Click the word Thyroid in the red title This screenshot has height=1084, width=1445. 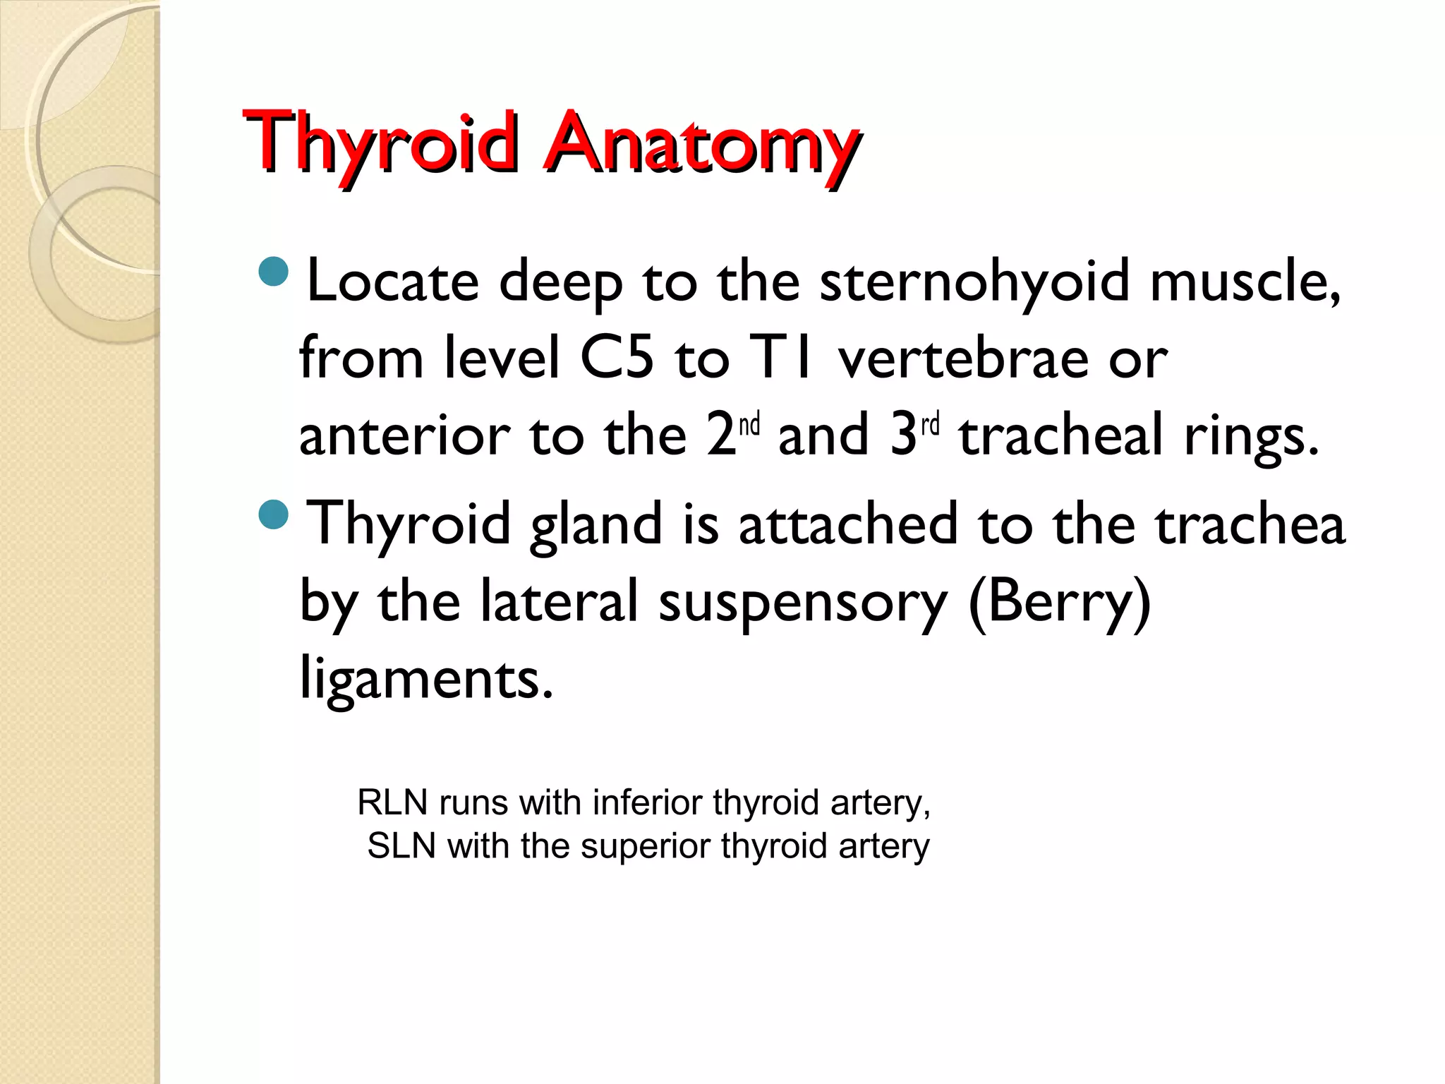(381, 145)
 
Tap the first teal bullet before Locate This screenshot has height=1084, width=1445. (274, 272)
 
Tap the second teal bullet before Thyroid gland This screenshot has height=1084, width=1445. (274, 514)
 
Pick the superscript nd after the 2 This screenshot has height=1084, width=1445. (749, 425)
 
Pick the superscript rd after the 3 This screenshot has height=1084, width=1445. (931, 425)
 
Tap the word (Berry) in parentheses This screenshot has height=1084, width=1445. (1059, 602)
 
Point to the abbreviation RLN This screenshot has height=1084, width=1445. (392, 802)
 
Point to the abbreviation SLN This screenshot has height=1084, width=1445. (401, 845)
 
